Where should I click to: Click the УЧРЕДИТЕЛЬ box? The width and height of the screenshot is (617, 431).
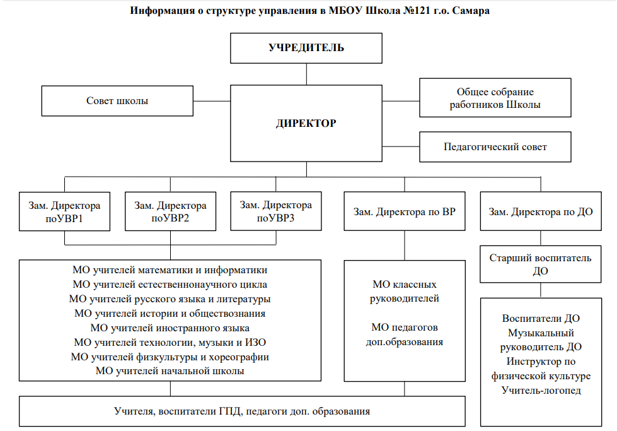click(306, 48)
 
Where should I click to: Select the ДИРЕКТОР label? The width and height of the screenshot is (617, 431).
click(306, 123)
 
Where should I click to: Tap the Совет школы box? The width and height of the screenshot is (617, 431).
click(117, 101)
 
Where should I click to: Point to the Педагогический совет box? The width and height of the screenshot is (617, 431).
click(495, 147)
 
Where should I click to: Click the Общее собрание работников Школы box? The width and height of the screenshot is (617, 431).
click(495, 98)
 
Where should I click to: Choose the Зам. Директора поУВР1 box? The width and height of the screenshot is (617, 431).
click(64, 211)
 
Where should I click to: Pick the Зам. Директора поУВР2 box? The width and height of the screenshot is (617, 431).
click(170, 211)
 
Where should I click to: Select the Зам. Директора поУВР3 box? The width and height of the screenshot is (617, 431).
click(276, 211)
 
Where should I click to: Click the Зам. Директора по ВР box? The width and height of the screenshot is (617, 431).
click(405, 211)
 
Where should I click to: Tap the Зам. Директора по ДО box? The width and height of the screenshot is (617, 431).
click(541, 211)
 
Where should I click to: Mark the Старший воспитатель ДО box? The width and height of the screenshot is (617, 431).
click(541, 264)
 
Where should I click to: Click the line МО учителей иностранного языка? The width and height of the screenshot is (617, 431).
click(170, 328)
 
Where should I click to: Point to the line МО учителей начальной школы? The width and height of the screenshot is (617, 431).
click(170, 371)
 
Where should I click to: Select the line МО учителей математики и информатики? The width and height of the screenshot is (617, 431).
click(170, 270)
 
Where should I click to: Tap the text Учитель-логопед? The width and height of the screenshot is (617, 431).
click(541, 391)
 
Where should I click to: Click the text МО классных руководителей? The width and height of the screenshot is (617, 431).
click(405, 292)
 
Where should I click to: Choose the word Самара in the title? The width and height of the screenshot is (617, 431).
click(471, 11)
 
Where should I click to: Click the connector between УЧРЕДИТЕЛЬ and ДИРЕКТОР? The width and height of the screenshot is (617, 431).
click(306, 74)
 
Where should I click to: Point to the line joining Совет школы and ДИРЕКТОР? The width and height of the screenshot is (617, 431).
click(212, 101)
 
